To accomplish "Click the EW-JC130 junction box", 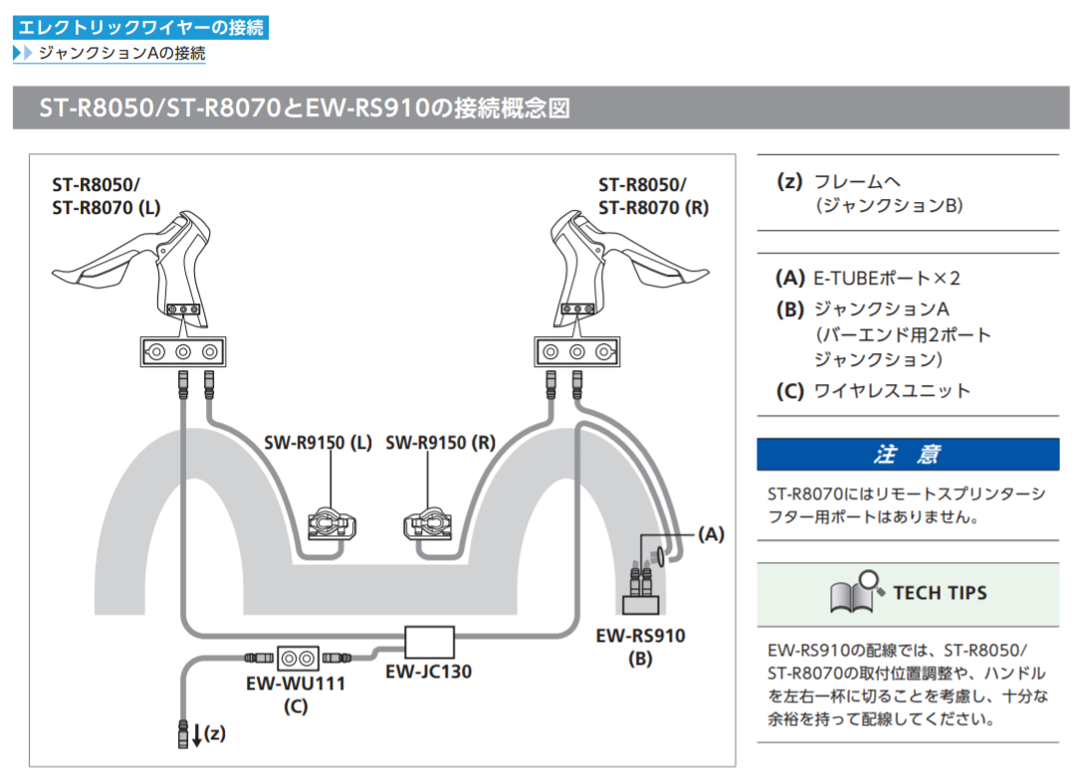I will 430,642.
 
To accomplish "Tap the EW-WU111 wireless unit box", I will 295,658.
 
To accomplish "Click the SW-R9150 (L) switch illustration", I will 332,522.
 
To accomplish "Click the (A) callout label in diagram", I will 710,534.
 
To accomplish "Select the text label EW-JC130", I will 429,673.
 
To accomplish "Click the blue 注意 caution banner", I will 907,455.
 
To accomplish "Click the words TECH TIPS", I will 940,593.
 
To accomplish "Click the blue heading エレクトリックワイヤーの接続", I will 141,27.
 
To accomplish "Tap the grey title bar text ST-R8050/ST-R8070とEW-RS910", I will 305,107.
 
